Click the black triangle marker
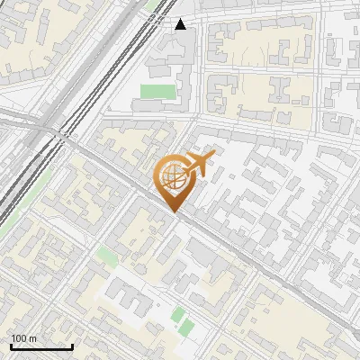[x=181, y=24]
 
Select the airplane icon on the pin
[x=197, y=165]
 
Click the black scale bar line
[x=41, y=346]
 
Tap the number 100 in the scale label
[x=19, y=338]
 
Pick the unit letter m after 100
[x=32, y=338]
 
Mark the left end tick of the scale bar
[x=11, y=345]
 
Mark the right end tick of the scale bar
[x=72, y=345]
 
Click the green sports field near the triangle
[x=157, y=92]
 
